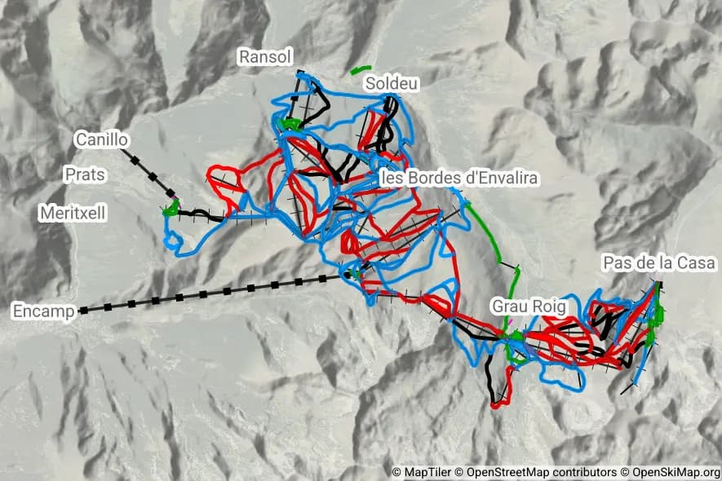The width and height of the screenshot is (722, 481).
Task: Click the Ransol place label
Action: [x=264, y=55]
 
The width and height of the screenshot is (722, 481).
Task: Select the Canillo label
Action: [x=101, y=139]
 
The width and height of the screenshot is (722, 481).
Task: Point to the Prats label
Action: [x=86, y=174]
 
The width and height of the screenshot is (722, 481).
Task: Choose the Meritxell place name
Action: [x=73, y=212]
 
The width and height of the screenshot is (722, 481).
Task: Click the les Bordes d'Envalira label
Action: [x=460, y=178]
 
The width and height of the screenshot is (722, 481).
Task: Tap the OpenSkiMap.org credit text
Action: [x=670, y=472]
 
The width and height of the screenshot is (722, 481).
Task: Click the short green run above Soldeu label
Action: [x=361, y=69]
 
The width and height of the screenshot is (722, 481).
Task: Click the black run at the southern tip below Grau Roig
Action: [x=491, y=383]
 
